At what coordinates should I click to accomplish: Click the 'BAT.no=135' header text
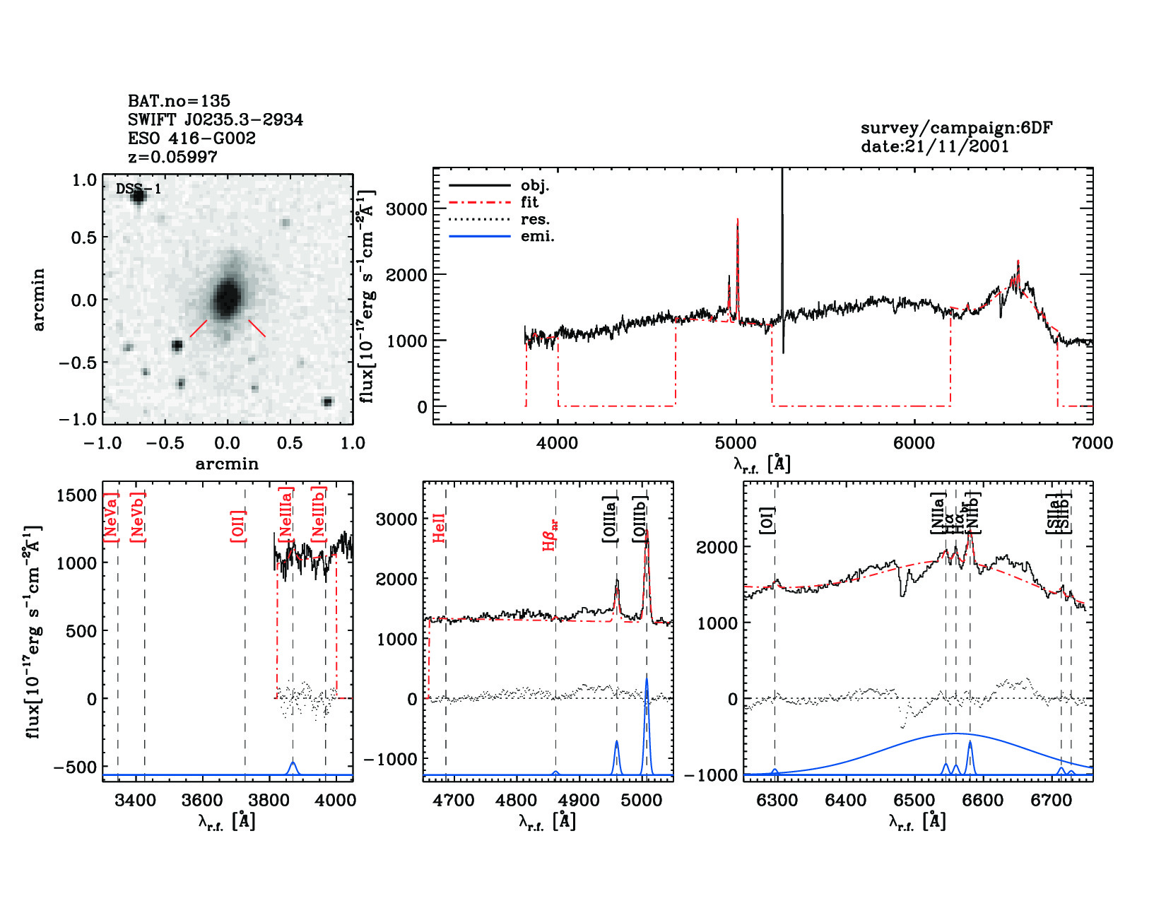pyautogui.click(x=179, y=101)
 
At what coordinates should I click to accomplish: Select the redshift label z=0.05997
pyautogui.click(x=172, y=157)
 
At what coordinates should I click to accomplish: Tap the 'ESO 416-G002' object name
pyautogui.click(x=192, y=139)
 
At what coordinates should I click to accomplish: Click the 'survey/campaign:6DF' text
pyautogui.click(x=956, y=128)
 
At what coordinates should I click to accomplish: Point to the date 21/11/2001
pyautogui.click(x=934, y=146)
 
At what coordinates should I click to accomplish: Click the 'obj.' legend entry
pyautogui.click(x=534, y=186)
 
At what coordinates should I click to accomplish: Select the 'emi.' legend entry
pyautogui.click(x=537, y=237)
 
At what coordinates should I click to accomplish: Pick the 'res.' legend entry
pyautogui.click(x=535, y=220)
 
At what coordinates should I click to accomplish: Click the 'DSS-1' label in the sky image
pyautogui.click(x=139, y=189)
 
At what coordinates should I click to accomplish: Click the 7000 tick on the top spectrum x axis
pyautogui.click(x=1092, y=443)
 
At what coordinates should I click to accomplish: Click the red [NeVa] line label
pyautogui.click(x=111, y=517)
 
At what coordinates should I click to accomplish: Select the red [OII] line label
pyautogui.click(x=238, y=526)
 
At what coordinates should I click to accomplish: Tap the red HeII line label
pyautogui.click(x=439, y=528)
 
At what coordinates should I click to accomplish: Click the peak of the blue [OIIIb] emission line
pyautogui.click(x=647, y=676)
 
